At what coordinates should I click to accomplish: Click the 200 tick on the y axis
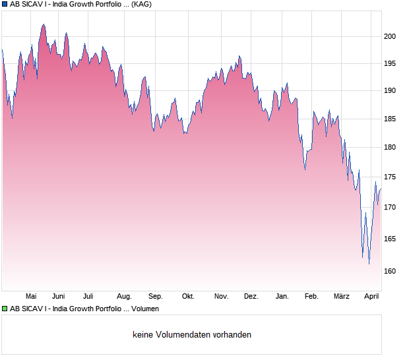point(391,36)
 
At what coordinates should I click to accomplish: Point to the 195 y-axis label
point(391,64)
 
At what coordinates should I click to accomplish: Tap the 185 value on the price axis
point(391,119)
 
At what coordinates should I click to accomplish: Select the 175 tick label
point(391,177)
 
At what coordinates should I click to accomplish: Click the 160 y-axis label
point(391,271)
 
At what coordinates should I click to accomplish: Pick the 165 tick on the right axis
point(391,239)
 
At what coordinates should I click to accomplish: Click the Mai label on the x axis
point(30,296)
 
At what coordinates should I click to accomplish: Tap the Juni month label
point(58,296)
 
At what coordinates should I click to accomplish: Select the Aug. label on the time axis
point(124,296)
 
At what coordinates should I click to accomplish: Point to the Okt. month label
point(188,296)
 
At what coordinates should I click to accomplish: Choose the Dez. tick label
point(251,296)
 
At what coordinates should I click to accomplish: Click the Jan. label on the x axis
point(282,296)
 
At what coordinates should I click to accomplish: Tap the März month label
point(341,296)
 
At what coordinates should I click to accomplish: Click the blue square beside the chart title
point(5,4)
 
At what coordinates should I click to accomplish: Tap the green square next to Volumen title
point(5,309)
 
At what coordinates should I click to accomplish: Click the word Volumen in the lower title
point(142,309)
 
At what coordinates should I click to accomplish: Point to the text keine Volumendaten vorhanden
point(192,334)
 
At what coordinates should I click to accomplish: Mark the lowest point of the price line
point(369,264)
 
